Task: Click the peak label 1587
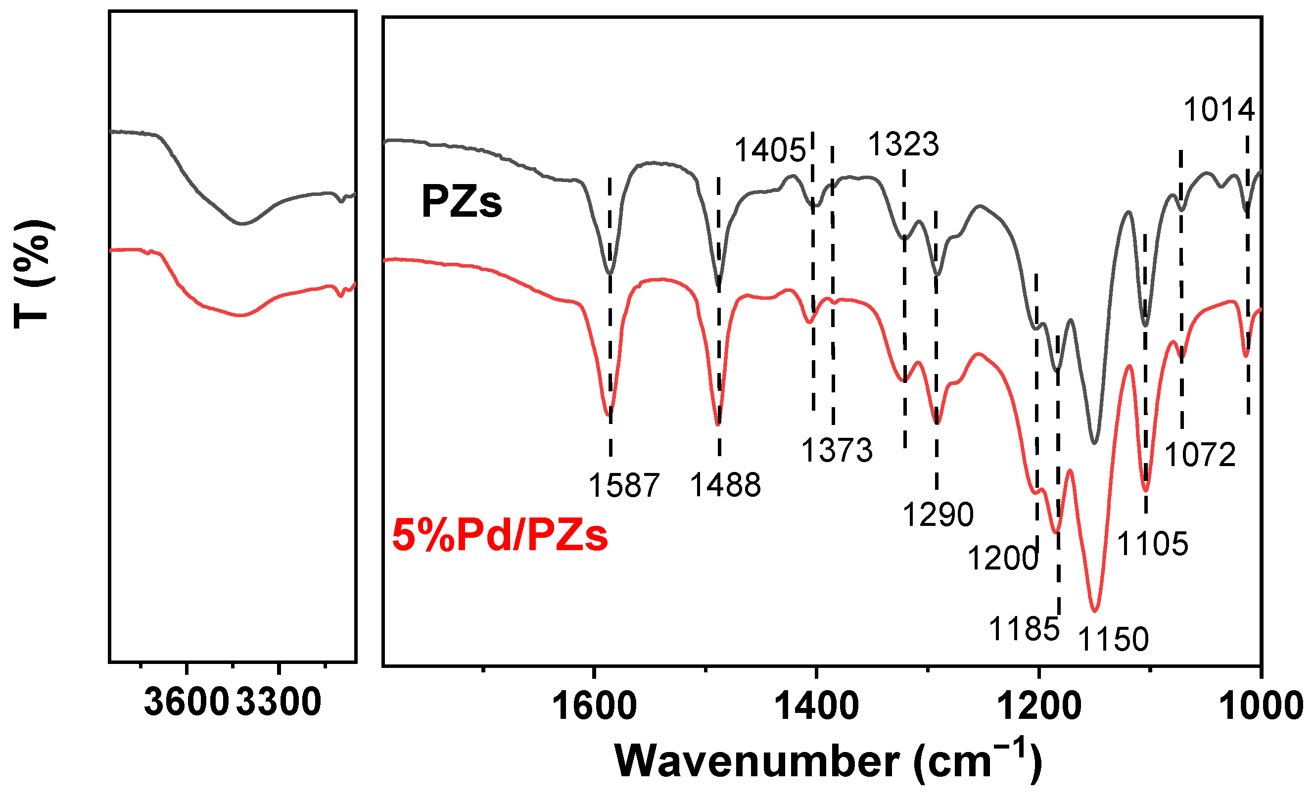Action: pyautogui.click(x=624, y=486)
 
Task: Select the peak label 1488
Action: pyautogui.click(x=725, y=485)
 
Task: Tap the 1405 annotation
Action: pyautogui.click(x=770, y=149)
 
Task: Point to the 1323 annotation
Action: pyautogui.click(x=903, y=144)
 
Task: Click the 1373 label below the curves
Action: pyautogui.click(x=837, y=450)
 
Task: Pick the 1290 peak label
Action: pyautogui.click(x=938, y=515)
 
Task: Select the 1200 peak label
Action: pyautogui.click(x=1003, y=559)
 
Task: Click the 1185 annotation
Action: pyautogui.click(x=1024, y=629)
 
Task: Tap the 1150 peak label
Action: pyautogui.click(x=1113, y=639)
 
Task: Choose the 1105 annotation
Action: pyautogui.click(x=1152, y=544)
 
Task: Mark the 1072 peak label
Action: pyautogui.click(x=1200, y=455)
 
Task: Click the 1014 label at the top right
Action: pyautogui.click(x=1219, y=110)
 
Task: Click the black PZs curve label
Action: pyautogui.click(x=462, y=202)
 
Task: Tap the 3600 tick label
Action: pyautogui.click(x=186, y=703)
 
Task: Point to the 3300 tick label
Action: pyautogui.click(x=279, y=703)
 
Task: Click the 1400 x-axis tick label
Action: pyautogui.click(x=816, y=706)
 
